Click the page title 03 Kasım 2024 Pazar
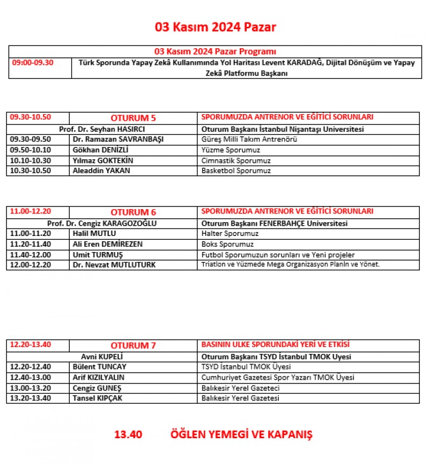[216, 27]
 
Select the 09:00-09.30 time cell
[32, 63]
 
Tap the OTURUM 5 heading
[133, 118]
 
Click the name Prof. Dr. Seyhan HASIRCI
[102, 129]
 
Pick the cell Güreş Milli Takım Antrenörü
[249, 139]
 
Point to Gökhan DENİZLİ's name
[100, 150]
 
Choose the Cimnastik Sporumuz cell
[236, 161]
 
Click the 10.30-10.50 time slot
[31, 171]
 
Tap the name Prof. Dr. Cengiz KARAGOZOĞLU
[102, 224]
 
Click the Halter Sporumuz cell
[230, 234]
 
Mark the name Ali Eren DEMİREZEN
[107, 244]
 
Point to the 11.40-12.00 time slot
[31, 255]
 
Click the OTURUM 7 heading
[133, 345]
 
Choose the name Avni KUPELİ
[102, 357]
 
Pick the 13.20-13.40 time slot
[31, 398]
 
